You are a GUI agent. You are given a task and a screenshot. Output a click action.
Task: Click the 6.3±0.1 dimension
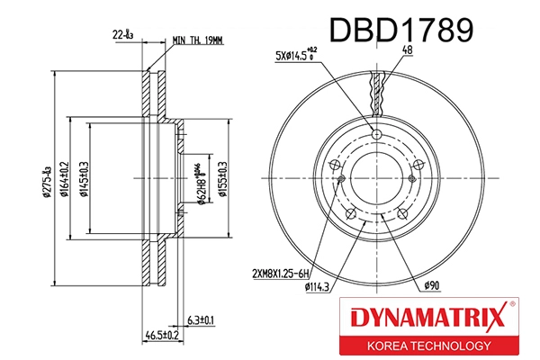[201, 320]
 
